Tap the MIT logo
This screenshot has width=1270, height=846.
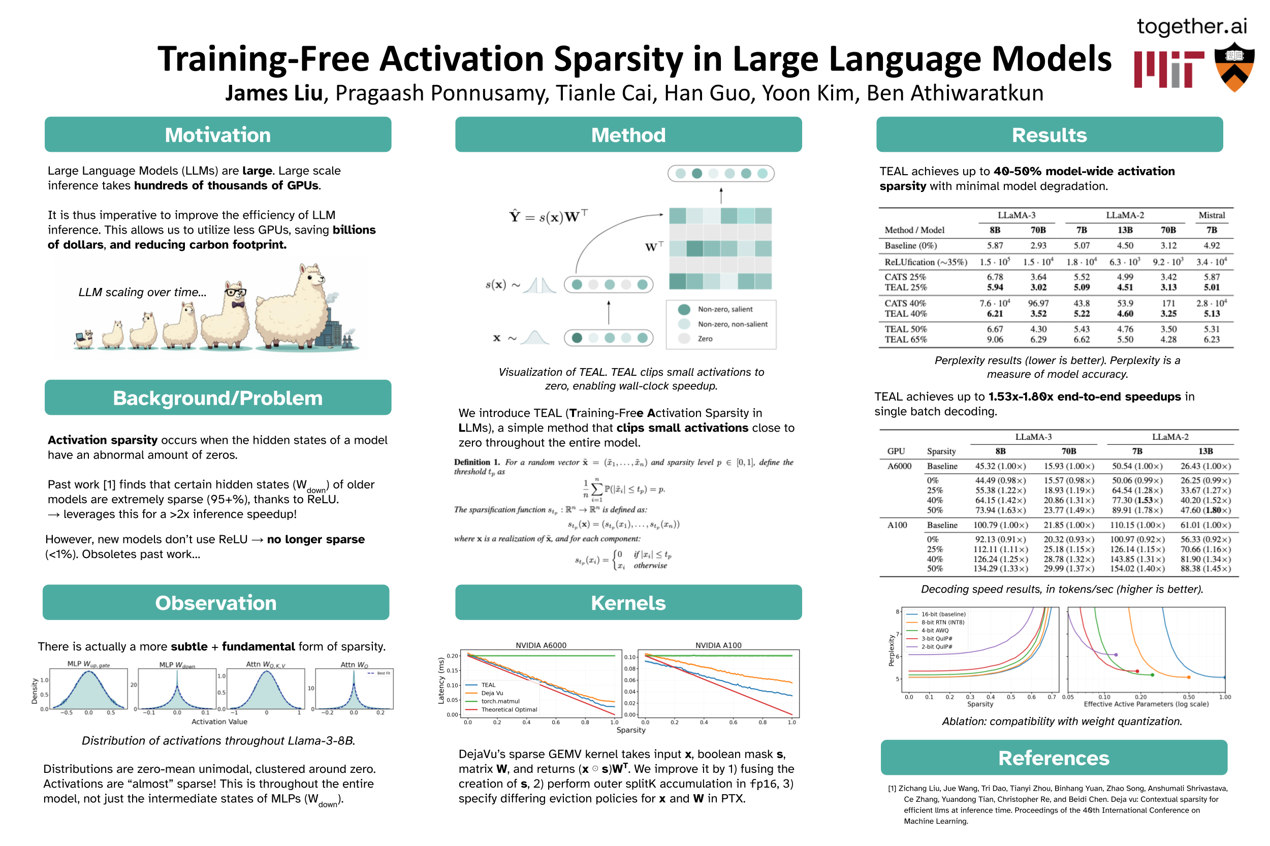click(x=1168, y=69)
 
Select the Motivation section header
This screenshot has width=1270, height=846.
click(x=217, y=135)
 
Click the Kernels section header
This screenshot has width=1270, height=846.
click(x=628, y=602)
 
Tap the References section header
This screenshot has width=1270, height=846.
click(x=1053, y=758)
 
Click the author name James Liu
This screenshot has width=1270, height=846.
click(x=273, y=93)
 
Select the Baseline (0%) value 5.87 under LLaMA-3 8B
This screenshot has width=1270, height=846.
click(x=995, y=245)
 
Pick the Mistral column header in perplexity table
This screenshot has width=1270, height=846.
click(x=1211, y=215)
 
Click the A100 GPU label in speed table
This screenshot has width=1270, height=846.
click(x=897, y=525)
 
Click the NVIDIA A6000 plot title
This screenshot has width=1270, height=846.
click(x=541, y=645)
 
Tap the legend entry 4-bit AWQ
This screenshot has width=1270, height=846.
click(x=934, y=630)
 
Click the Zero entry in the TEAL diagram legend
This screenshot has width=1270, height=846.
click(x=705, y=339)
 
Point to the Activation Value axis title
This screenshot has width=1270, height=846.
click(x=219, y=722)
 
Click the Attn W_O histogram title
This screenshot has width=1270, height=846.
click(x=354, y=664)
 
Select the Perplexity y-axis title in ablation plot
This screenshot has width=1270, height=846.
click(x=891, y=649)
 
